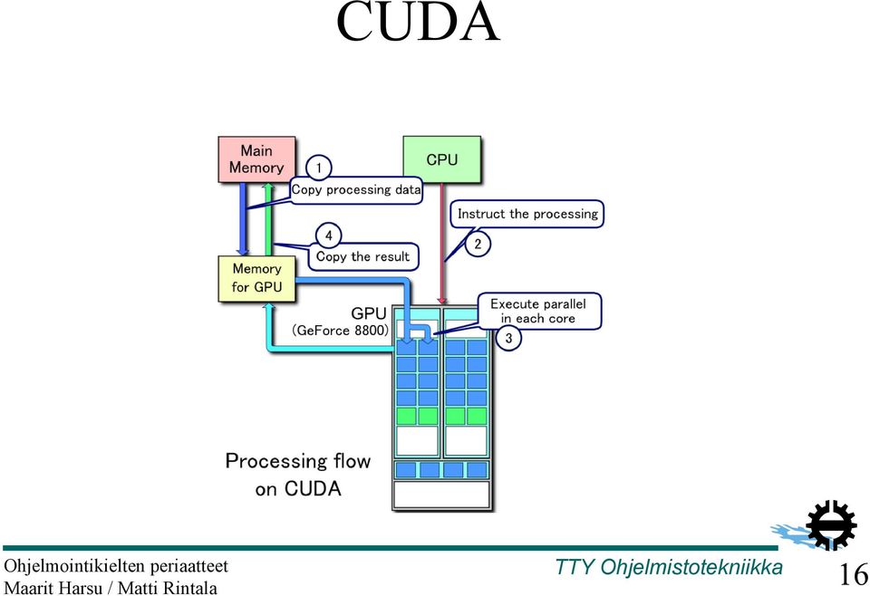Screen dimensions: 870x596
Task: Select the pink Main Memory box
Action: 256,159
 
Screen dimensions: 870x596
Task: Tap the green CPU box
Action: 441,159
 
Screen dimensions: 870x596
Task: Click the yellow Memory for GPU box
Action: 256,278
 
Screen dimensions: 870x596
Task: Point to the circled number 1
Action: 318,168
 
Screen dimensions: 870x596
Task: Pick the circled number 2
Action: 478,244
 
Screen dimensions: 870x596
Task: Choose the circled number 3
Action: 508,338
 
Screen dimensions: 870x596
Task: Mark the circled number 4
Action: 328,236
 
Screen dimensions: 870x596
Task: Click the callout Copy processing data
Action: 356,190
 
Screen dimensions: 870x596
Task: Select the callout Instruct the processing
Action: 527,214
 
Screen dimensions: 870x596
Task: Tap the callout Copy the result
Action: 362,256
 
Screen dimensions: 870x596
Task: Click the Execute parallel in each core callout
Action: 539,311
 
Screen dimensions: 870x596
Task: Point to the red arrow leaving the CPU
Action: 442,244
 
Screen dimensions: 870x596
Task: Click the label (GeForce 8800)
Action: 340,331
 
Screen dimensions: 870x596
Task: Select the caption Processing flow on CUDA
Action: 298,475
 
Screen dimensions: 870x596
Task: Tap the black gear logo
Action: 830,524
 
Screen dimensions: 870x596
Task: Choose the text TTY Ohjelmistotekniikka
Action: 669,567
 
